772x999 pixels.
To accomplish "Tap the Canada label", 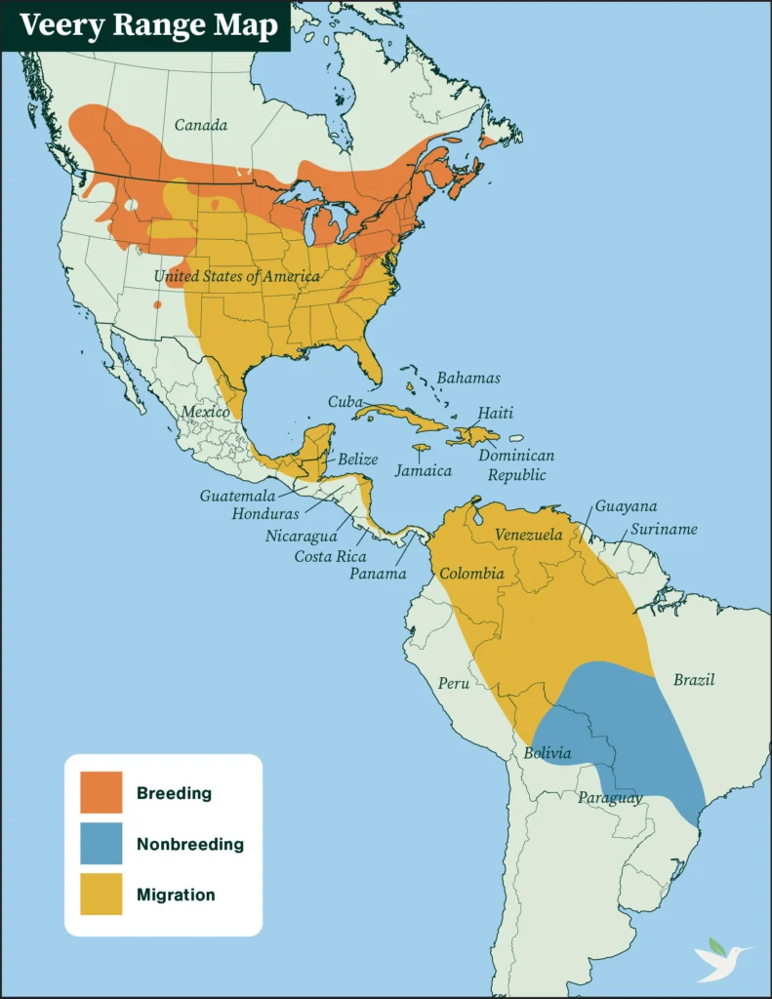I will [x=201, y=125].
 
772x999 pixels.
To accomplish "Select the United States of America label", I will [x=236, y=276].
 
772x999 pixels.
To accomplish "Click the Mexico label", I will [x=206, y=412].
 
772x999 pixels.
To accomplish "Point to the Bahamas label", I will [x=468, y=378].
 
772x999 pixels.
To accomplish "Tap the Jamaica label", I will [x=424, y=470].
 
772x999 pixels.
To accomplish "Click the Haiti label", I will [x=495, y=414].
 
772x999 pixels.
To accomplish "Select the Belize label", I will [x=358, y=459].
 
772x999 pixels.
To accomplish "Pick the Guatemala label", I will [x=237, y=496].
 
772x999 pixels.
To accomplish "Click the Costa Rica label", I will [x=331, y=556].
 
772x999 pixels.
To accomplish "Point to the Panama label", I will [x=378, y=574].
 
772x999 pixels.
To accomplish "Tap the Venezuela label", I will [x=529, y=535].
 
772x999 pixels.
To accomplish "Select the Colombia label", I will [x=471, y=574].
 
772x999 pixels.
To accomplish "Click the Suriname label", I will [x=664, y=529].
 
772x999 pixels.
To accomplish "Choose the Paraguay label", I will [x=610, y=798].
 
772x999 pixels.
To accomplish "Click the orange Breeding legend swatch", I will [x=102, y=792].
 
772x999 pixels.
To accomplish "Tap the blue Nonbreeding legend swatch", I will [x=102, y=843].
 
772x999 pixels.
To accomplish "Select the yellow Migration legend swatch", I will [x=102, y=894].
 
